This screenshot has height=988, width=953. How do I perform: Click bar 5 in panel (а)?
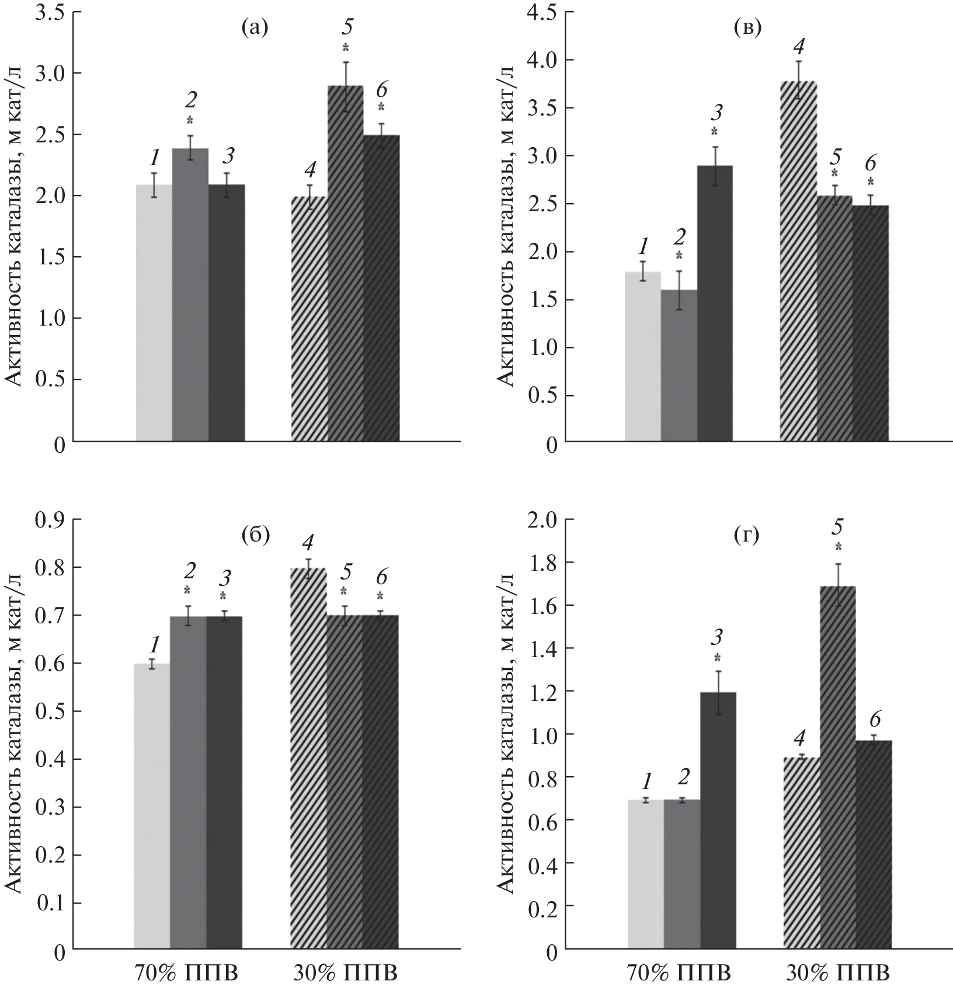tap(345, 263)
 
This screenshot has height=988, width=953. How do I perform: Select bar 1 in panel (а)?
tap(154, 312)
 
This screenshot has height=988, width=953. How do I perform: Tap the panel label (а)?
tap(255, 28)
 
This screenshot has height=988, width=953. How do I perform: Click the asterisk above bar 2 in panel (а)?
tap(190, 121)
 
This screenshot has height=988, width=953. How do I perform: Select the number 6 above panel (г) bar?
tap(873, 719)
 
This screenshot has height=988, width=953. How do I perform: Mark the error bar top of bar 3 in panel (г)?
tap(718, 671)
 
